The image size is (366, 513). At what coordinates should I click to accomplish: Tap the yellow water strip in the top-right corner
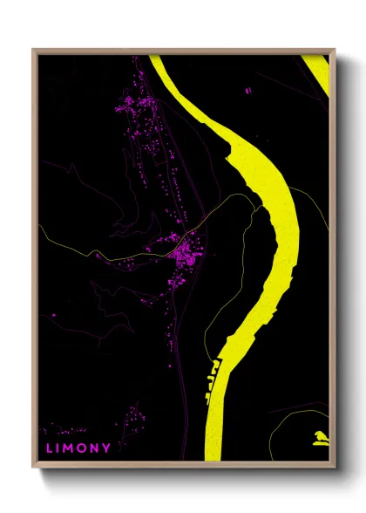[x=318, y=70]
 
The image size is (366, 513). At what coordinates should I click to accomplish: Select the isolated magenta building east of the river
[x=247, y=90]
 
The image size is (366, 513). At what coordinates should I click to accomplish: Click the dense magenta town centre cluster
[x=185, y=255]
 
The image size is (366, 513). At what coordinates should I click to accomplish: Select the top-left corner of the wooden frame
[x=34, y=51]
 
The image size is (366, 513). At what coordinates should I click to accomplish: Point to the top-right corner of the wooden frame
[x=334, y=51]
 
